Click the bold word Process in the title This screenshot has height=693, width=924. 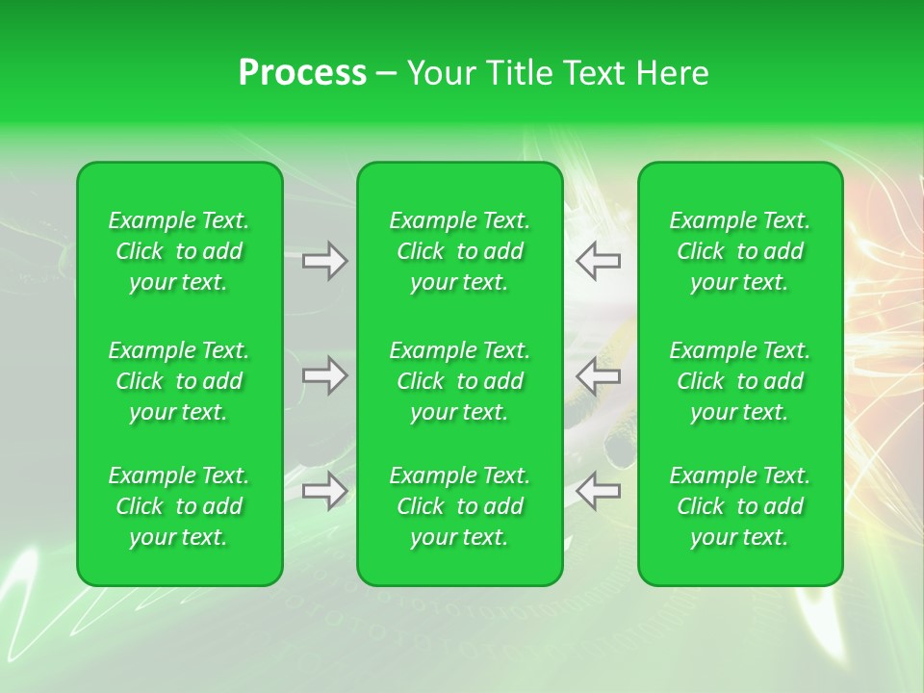[x=302, y=73]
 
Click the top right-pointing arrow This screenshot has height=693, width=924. [x=324, y=261]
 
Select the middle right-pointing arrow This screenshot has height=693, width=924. [x=324, y=375]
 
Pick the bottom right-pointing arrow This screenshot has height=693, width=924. [x=324, y=491]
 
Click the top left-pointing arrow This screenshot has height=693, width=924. [x=599, y=261]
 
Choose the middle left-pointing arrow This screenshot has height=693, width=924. [x=599, y=375]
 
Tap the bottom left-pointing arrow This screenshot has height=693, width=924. [x=599, y=491]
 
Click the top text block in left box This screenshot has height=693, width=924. [x=179, y=251]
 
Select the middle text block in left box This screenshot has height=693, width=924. [x=179, y=381]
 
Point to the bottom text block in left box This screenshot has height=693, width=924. [x=179, y=506]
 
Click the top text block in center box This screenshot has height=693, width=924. [x=460, y=251]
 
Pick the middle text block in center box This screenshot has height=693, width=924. [x=460, y=381]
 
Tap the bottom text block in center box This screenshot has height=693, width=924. [x=460, y=506]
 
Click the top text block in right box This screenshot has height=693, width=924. [x=740, y=251]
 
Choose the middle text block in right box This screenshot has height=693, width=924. [x=740, y=381]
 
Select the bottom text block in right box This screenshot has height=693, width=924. [x=740, y=506]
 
